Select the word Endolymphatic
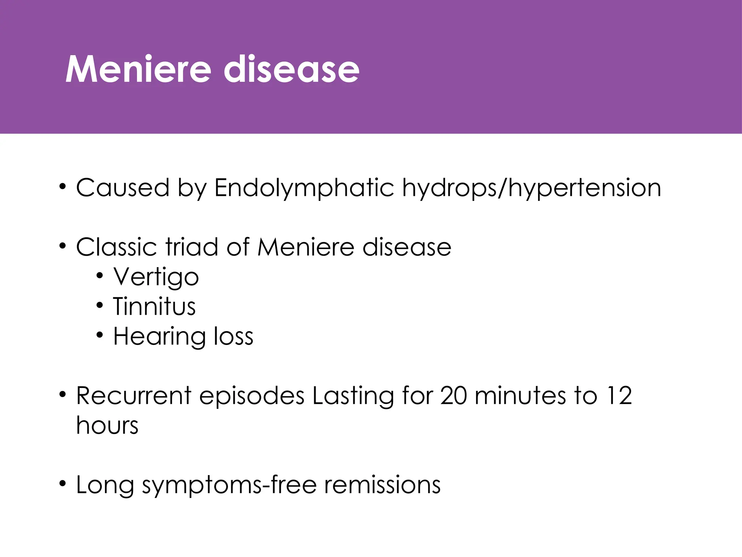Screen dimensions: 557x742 pos(304,189)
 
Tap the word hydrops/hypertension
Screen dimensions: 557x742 pos(532,189)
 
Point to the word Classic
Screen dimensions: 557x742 pos(117,247)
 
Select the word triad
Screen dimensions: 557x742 pos(192,247)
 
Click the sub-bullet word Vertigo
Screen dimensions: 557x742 pos(156,278)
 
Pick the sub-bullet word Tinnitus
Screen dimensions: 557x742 pos(154,307)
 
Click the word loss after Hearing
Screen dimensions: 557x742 pos(233,337)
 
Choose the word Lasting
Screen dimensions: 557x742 pos(353,396)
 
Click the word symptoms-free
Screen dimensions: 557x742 pos(229,486)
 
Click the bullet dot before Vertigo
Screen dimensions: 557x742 pos(100,277)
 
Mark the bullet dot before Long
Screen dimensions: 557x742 pos(63,484)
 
